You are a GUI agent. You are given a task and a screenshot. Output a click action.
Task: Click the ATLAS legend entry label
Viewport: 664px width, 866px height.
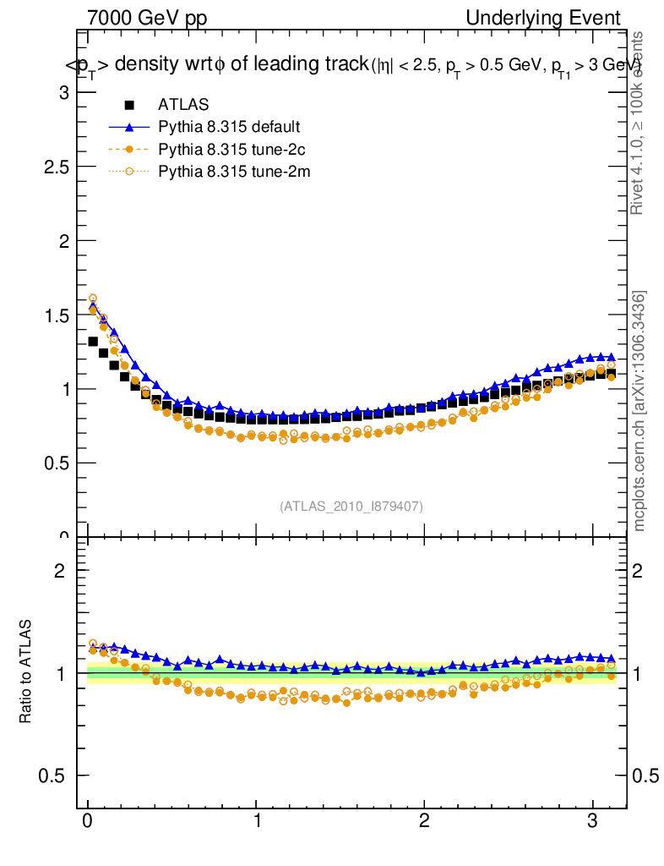[x=183, y=105]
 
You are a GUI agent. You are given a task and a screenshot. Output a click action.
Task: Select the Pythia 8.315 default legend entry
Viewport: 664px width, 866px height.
[x=228, y=127]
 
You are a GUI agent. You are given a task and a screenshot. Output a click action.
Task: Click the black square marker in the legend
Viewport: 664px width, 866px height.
[x=129, y=105]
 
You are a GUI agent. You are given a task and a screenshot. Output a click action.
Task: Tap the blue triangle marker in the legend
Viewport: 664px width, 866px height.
[x=129, y=127]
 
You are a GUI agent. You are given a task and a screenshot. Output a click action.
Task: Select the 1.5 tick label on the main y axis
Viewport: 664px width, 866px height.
[x=54, y=315]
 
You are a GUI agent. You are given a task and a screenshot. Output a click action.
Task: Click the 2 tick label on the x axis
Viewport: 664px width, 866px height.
[x=425, y=821]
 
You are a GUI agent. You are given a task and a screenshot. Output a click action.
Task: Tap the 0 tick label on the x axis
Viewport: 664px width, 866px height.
[x=88, y=821]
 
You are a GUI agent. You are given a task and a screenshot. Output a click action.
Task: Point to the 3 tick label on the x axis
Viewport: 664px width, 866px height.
[x=593, y=821]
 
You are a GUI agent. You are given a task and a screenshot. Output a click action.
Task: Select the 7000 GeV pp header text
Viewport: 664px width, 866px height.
[x=147, y=18]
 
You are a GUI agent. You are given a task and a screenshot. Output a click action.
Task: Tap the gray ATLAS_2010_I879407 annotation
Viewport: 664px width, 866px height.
[x=351, y=506]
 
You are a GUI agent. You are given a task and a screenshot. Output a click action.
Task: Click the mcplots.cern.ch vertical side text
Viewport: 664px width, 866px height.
[x=640, y=411]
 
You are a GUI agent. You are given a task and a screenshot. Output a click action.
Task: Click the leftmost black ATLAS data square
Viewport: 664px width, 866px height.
[x=94, y=342]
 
